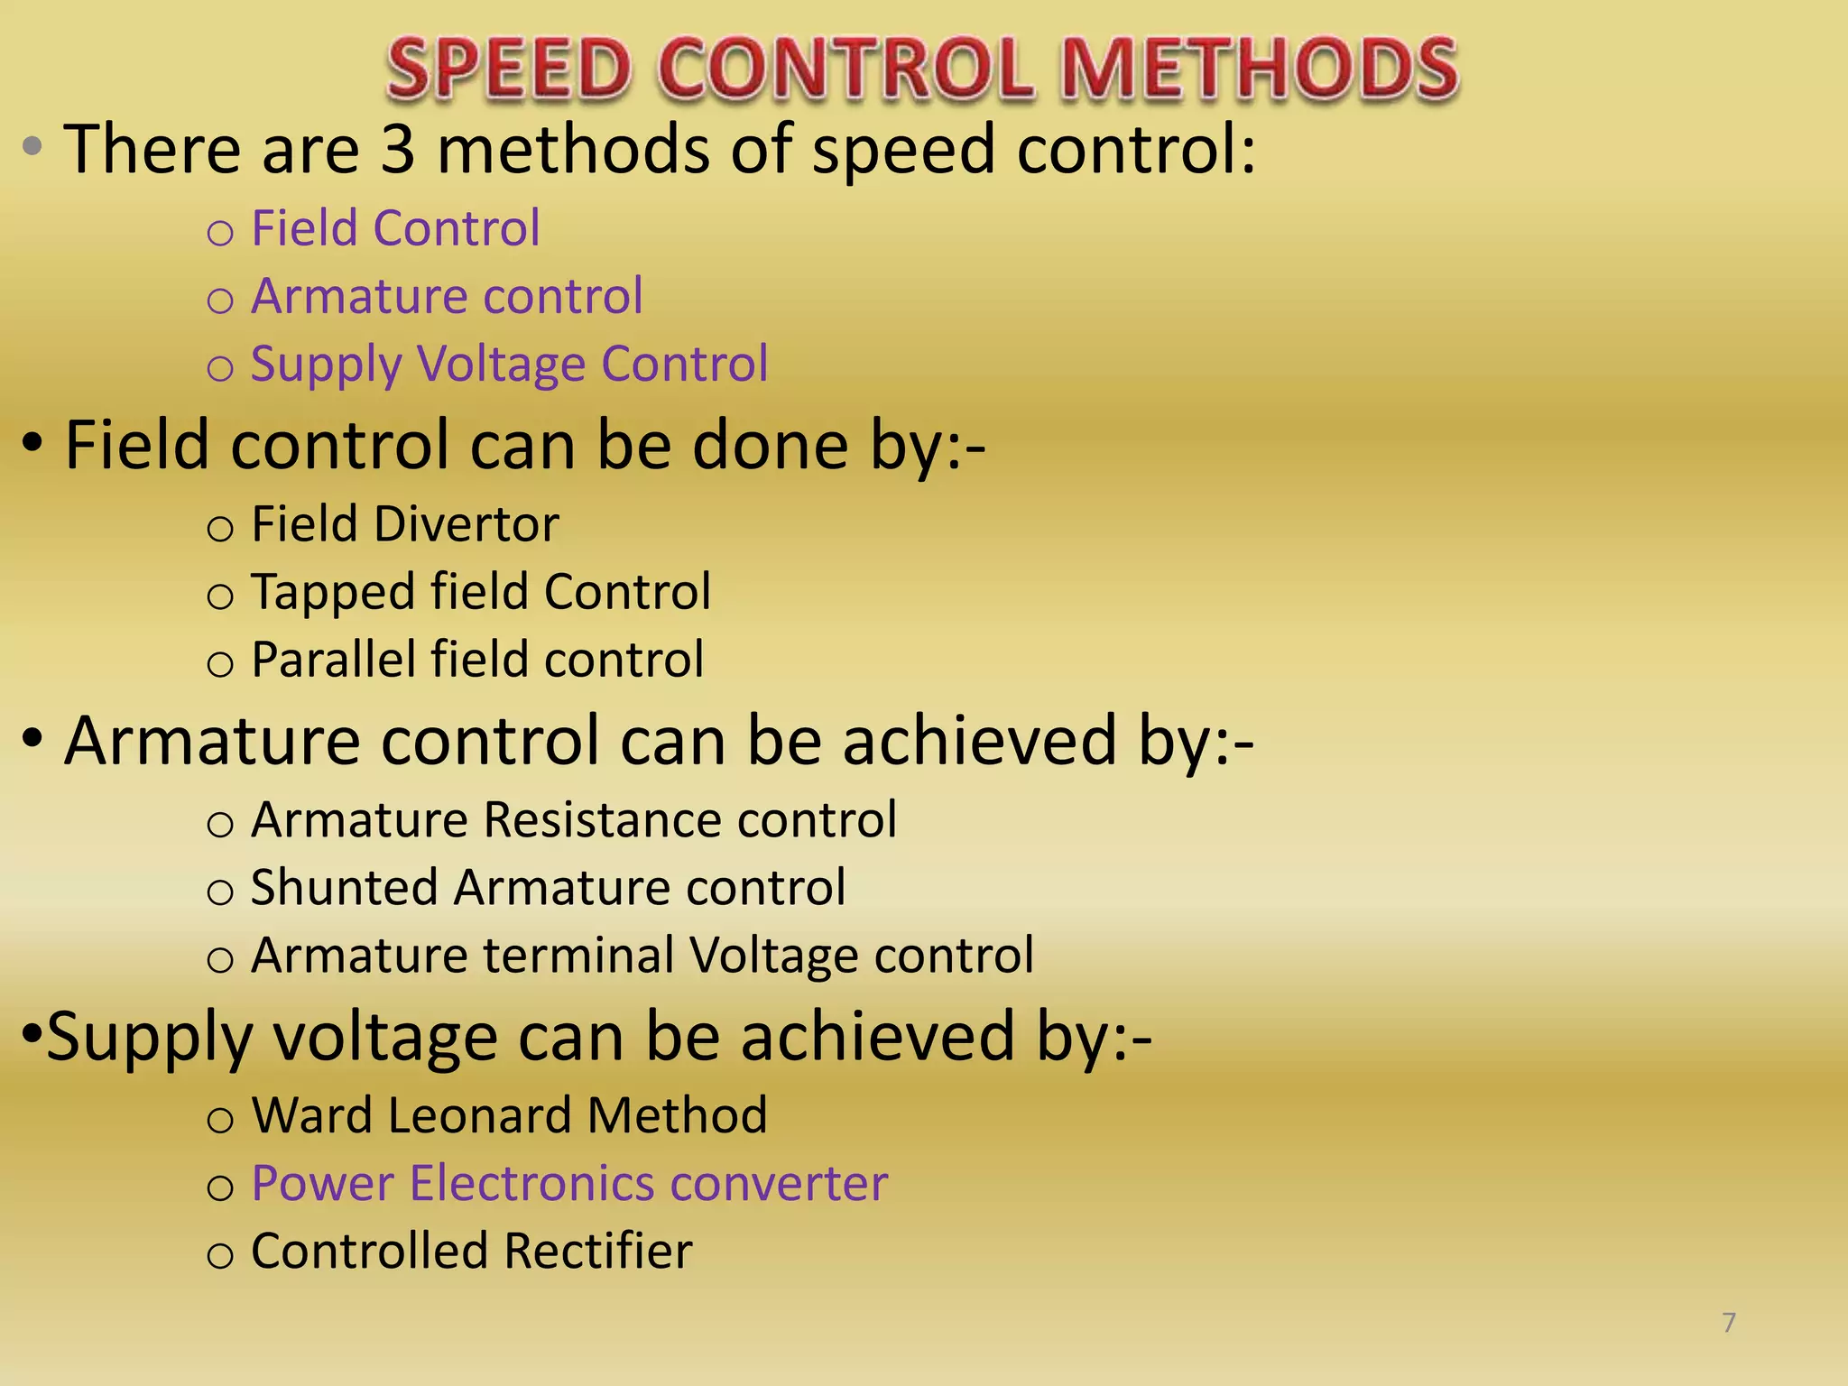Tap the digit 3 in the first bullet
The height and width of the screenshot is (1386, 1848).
coord(398,149)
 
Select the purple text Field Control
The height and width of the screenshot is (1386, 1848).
coord(395,227)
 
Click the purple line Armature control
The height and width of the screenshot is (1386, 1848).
coord(447,296)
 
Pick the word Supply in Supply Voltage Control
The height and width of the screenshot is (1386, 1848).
coord(326,365)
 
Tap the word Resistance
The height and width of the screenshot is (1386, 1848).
coord(602,820)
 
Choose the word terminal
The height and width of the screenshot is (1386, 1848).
coord(577,956)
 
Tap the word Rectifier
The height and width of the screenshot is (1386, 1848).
coord(597,1252)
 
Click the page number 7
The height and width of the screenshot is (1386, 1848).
coord(1729,1323)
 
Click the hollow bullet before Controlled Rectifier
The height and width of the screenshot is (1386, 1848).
coord(220,1255)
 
